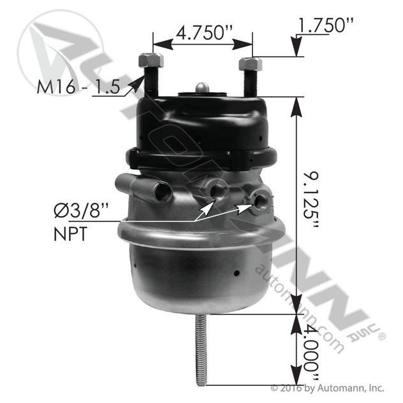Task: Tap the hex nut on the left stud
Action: [150, 61]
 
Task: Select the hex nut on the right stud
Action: [250, 64]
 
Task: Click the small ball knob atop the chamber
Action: [201, 86]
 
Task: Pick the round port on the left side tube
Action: [160, 189]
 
